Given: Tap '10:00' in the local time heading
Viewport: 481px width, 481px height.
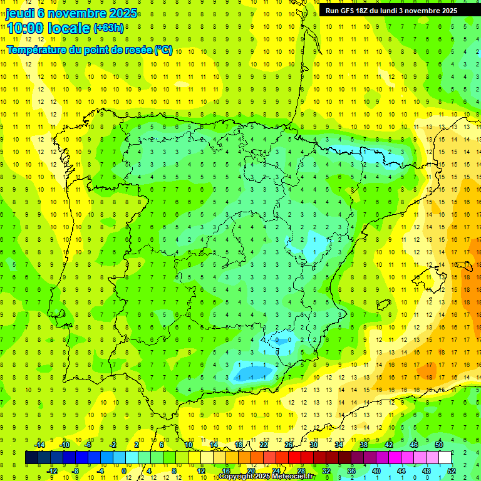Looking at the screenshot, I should pos(27,28).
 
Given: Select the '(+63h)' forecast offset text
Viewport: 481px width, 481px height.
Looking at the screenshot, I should pos(108,28).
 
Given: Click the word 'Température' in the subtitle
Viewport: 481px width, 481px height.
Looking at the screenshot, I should pos(39,49).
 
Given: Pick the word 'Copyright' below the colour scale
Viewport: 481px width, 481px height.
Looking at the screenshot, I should pos(237,477).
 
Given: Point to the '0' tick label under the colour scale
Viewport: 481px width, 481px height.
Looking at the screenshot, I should pos(124,470).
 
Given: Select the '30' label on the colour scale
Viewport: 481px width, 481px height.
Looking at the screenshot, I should pos(313,445).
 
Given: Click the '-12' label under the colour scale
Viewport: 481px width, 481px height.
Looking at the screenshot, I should pos(52,470).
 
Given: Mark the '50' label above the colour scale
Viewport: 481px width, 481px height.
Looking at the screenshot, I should pos(439,445).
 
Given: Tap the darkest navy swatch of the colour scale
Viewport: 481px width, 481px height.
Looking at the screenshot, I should pos(31,457).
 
